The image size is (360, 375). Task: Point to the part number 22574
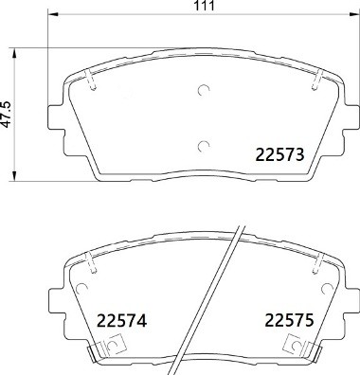coord(121,322)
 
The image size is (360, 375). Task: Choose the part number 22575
coord(289,322)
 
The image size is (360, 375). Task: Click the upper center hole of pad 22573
coord(203,92)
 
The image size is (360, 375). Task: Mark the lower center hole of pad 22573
coord(203,145)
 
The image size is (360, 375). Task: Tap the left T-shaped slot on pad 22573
coord(90,81)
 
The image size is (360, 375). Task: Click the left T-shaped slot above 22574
coord(90,264)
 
